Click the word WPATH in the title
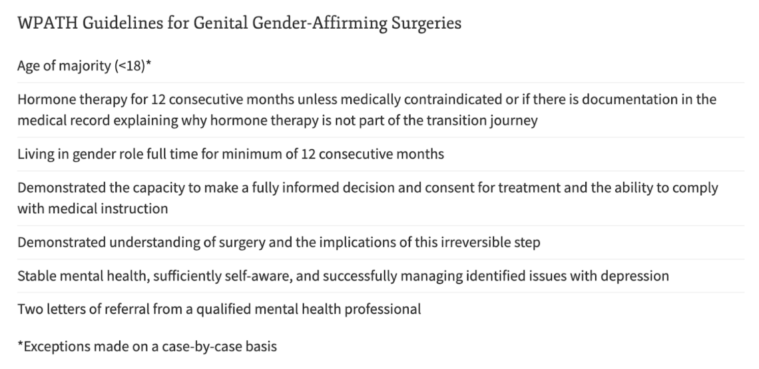tap(47, 23)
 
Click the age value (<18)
tap(130, 66)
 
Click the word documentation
tap(631, 99)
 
